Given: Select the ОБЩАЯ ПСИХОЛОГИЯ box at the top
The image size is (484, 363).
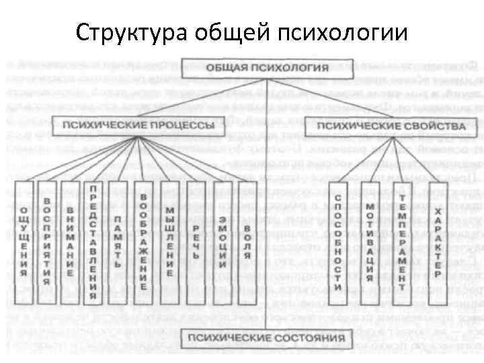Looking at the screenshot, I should pyautogui.click(x=267, y=67).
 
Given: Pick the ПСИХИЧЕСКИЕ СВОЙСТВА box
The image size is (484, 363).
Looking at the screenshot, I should pyautogui.click(x=391, y=126).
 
